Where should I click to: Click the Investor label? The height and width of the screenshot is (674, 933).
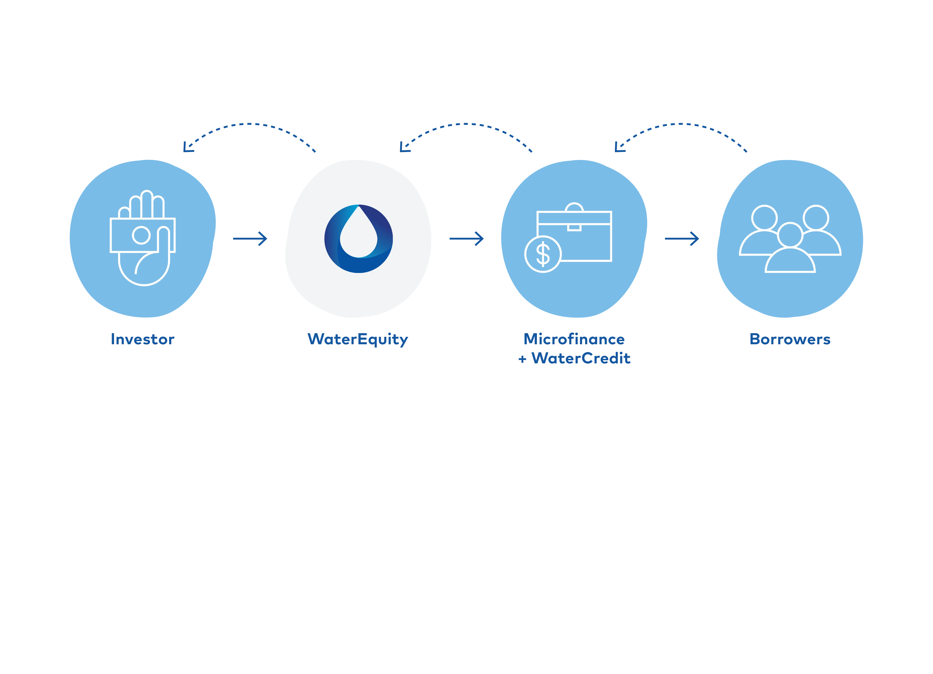142,339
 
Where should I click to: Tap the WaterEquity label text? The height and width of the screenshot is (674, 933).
357,339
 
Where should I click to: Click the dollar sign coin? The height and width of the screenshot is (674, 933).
543,254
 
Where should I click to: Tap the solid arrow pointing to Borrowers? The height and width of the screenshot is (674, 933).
682,238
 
